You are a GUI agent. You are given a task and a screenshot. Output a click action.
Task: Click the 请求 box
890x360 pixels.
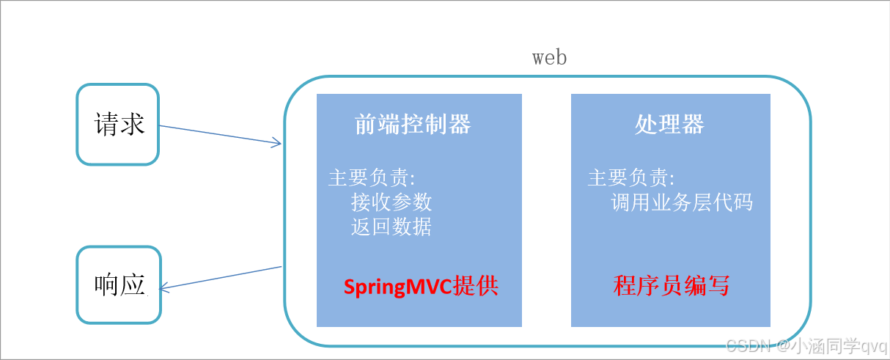pos(118,124)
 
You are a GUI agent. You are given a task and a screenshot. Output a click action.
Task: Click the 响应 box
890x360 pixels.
pos(118,285)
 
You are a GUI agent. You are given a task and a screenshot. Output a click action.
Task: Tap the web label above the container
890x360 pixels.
pos(549,57)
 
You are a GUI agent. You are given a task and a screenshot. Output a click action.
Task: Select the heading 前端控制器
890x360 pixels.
pos(413,125)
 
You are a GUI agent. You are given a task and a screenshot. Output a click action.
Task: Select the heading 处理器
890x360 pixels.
pos(669,125)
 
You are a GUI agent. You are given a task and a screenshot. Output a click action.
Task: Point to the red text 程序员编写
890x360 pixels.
pos(672,286)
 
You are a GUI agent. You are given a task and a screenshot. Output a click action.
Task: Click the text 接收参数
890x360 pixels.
pos(391,202)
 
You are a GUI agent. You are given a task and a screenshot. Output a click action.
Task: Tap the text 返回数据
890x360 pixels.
pos(391,227)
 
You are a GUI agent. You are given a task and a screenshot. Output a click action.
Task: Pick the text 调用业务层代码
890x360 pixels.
pos(682,202)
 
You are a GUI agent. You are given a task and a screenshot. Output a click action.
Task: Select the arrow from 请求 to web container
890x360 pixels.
pos(220,135)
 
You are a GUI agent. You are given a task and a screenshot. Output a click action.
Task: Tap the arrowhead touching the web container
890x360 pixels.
pos(276,143)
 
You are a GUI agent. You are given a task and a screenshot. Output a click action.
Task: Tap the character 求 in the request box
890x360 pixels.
pos(131,124)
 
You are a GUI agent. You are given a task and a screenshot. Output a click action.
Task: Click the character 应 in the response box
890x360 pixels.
pos(131,285)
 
